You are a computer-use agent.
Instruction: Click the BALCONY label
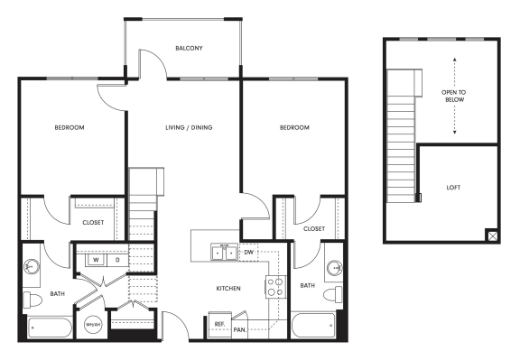pyautogui.click(x=189, y=48)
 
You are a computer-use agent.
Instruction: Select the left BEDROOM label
pyautogui.click(x=67, y=128)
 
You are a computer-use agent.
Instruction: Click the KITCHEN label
pyautogui.click(x=227, y=288)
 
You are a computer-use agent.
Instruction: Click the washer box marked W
pyautogui.click(x=93, y=261)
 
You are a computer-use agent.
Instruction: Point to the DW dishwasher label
pyautogui.click(x=249, y=253)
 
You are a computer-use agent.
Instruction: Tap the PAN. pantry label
pyautogui.click(x=240, y=331)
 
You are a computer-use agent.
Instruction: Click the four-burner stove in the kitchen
pyautogui.click(x=274, y=287)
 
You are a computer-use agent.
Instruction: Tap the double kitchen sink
pyautogui.click(x=223, y=254)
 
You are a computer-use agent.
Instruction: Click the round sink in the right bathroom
pyautogui.click(x=336, y=268)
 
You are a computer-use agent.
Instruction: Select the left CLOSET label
pyautogui.click(x=93, y=222)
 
